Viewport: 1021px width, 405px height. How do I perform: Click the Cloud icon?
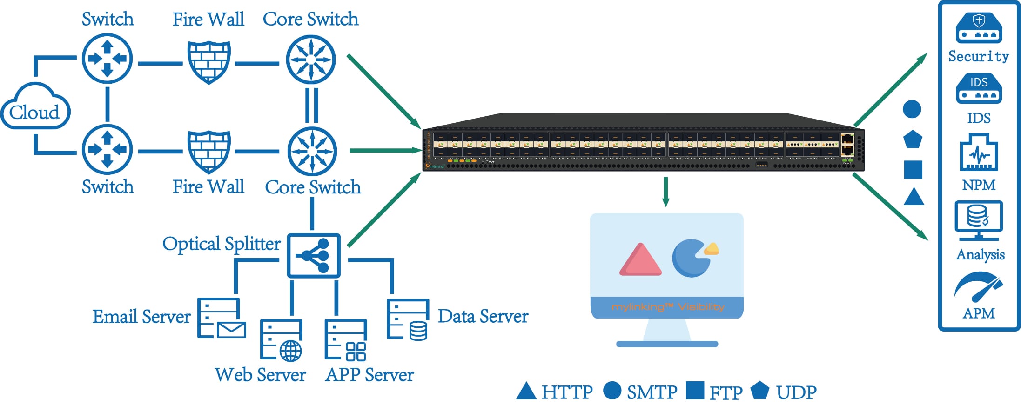pyautogui.click(x=35, y=106)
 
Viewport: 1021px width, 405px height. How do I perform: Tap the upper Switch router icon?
pyautogui.click(x=107, y=59)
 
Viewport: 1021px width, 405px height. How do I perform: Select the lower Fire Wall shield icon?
pyautogui.click(x=209, y=151)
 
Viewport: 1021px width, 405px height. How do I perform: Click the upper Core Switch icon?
pyautogui.click(x=310, y=60)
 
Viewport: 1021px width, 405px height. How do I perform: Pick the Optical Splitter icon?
pyautogui.click(x=314, y=255)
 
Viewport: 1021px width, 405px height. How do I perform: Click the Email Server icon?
pyautogui.click(x=221, y=318)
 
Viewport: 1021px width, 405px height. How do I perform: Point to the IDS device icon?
pyautogui.click(x=979, y=88)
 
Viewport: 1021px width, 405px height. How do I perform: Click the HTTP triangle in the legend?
pyautogui.click(x=526, y=392)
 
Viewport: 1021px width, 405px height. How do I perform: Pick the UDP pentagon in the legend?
pyautogui.click(x=759, y=391)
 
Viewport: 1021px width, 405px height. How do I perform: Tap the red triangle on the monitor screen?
pyautogui.click(x=640, y=260)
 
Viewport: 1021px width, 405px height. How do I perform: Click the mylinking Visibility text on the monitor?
pyautogui.click(x=667, y=307)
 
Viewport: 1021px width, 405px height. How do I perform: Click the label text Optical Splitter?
pyautogui.click(x=221, y=244)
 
